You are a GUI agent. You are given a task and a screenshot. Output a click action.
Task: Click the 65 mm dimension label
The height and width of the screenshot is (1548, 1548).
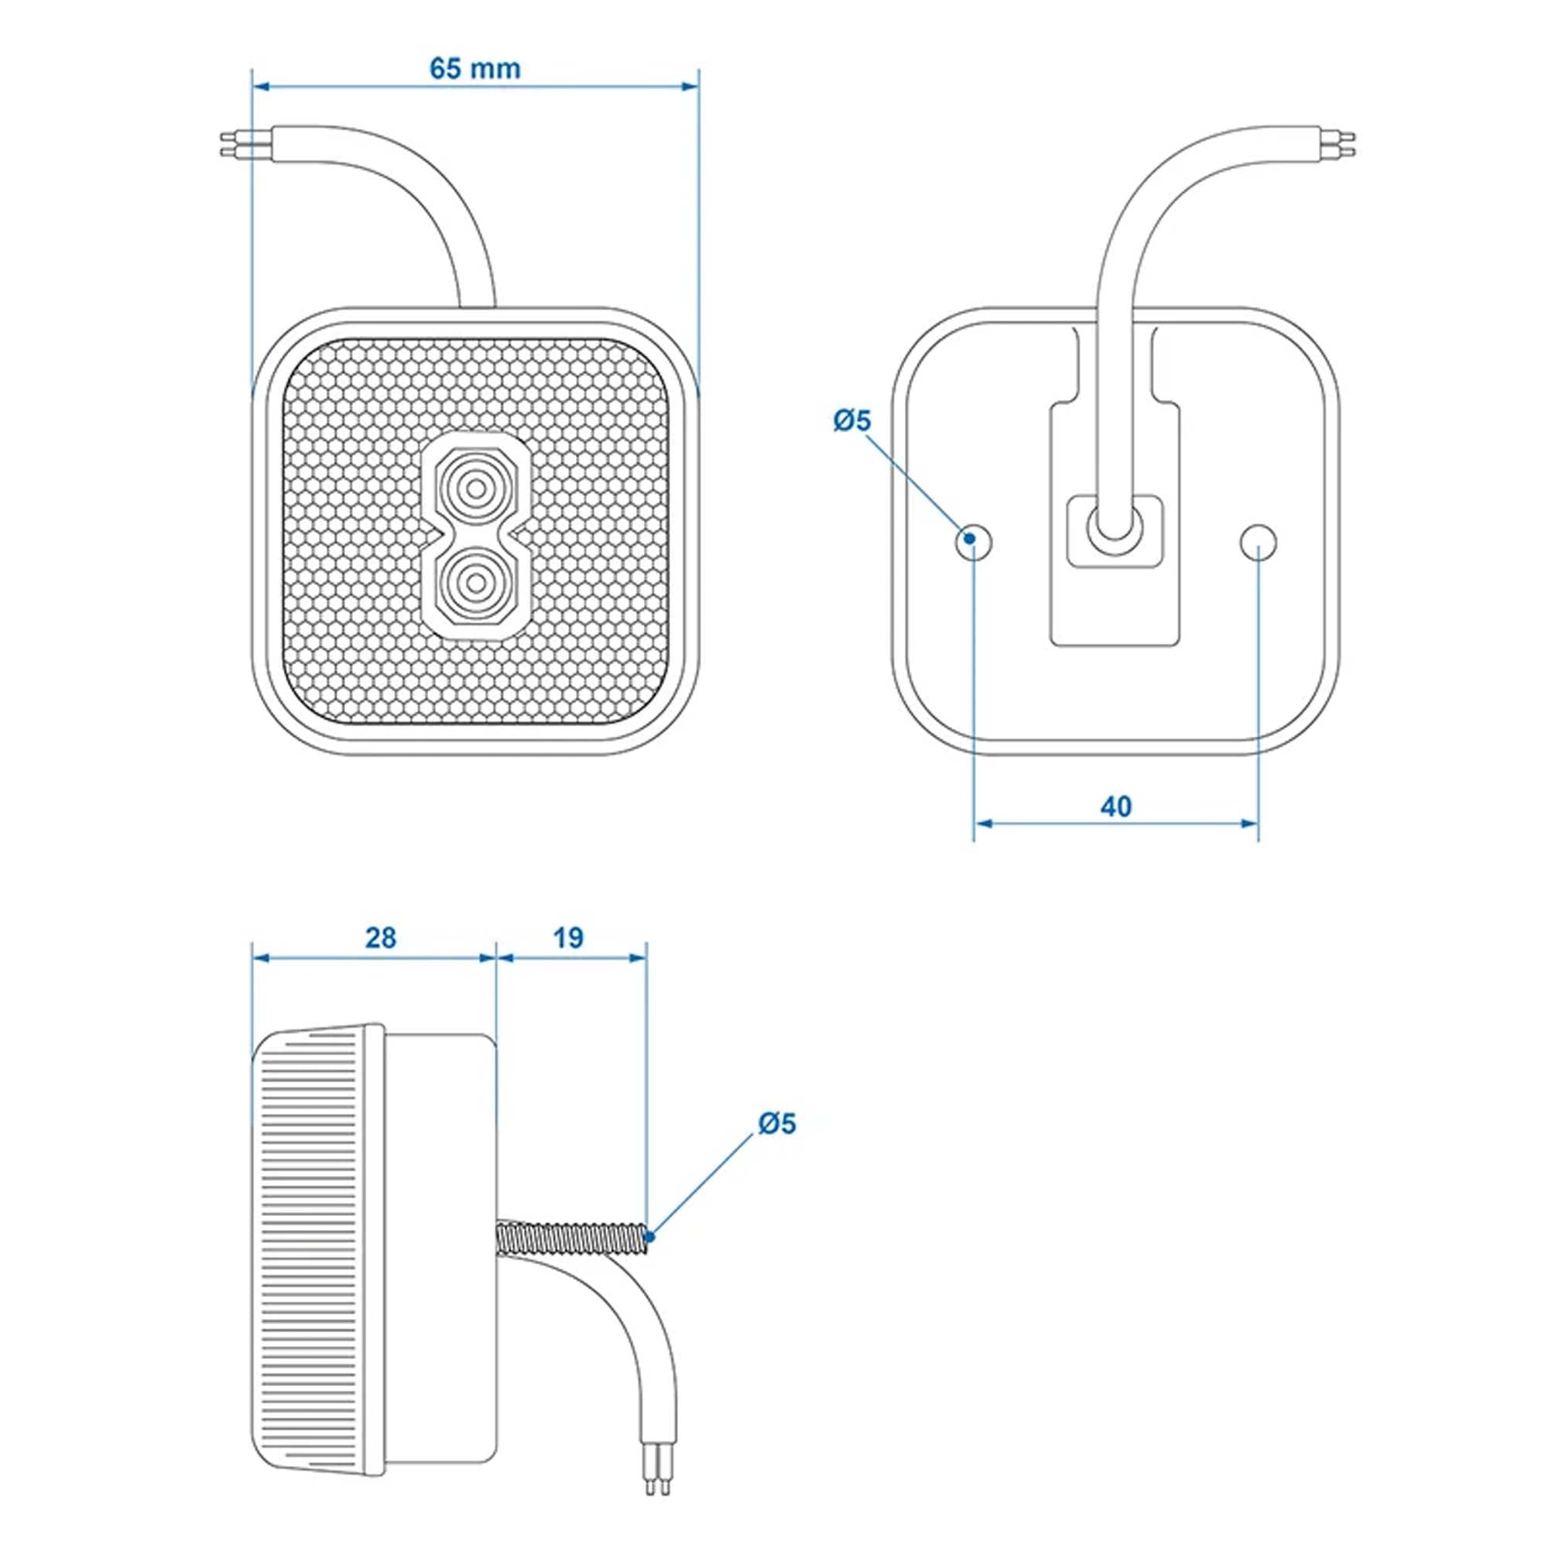[474, 69]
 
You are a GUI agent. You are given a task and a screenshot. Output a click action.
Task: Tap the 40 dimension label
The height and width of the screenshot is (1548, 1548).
[1115, 806]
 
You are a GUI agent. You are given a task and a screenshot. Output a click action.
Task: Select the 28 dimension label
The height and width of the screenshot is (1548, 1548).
[381, 937]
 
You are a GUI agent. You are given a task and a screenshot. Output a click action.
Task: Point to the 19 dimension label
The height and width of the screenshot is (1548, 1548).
[568, 937]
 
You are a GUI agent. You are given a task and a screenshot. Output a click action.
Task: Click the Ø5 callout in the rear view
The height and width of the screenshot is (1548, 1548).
[851, 420]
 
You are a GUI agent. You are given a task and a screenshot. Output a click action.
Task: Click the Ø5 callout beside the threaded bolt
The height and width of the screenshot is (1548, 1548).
[776, 1124]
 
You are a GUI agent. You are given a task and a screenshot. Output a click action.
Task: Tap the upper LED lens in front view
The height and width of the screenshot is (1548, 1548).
[476, 487]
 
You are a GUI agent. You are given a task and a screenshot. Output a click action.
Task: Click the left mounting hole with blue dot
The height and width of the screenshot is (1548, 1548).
[973, 543]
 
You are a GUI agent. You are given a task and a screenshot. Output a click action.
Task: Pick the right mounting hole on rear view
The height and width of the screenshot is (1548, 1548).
[1258, 543]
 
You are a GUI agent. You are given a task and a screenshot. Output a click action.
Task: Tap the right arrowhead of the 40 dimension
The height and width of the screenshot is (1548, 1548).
[1248, 823]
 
